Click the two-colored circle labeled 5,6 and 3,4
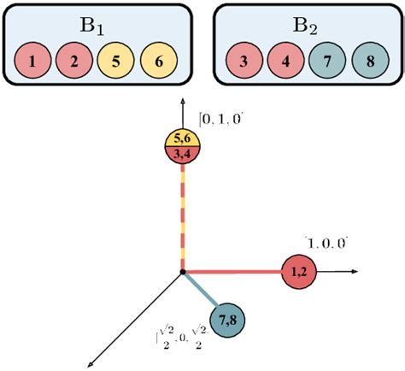click(181, 146)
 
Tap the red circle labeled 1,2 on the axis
click(299, 272)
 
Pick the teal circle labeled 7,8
click(227, 319)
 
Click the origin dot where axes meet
click(182, 273)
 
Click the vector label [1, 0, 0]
click(326, 243)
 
